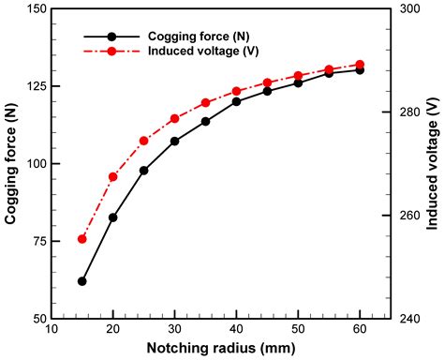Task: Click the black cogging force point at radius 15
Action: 82,281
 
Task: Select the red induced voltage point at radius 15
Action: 82,239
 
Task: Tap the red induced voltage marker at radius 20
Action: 113,176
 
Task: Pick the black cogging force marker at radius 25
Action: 144,171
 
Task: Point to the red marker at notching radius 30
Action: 175,118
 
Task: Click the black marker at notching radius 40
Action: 237,101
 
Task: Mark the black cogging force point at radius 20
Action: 113,217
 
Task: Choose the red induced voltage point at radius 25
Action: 144,141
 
